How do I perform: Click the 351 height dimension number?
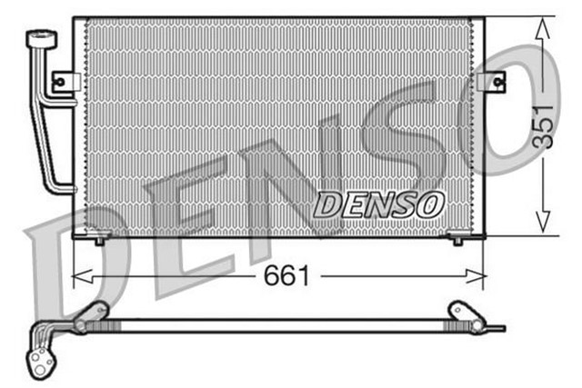pos(542,127)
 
